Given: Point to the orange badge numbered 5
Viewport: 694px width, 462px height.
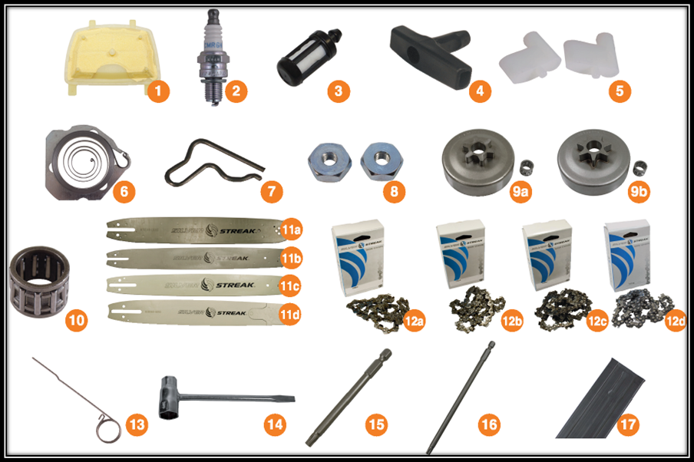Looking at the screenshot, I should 620,91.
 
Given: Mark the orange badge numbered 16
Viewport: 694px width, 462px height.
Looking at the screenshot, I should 488,424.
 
